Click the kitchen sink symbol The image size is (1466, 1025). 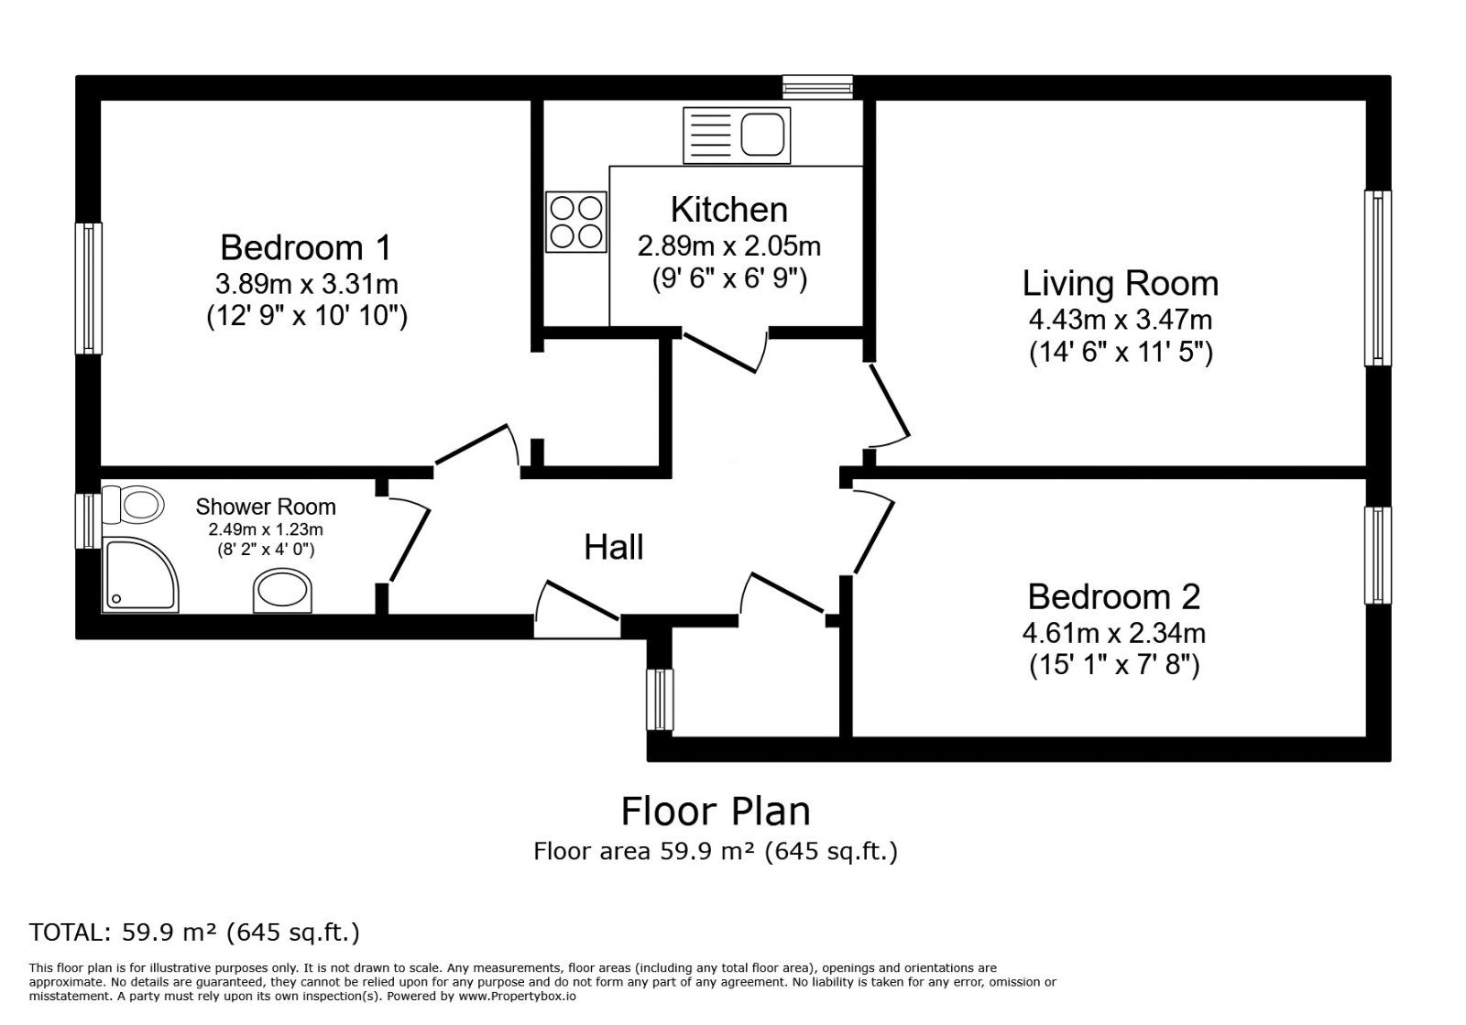(x=737, y=136)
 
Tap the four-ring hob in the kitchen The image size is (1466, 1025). (x=576, y=222)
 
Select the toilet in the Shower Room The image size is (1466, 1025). (x=133, y=505)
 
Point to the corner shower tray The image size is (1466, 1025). (x=140, y=575)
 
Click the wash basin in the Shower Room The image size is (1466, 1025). (x=283, y=591)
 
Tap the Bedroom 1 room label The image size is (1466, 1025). (x=306, y=248)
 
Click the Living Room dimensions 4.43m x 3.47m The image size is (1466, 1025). (x=1121, y=320)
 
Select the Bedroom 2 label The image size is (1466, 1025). (x=1114, y=596)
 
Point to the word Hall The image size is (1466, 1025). (x=613, y=547)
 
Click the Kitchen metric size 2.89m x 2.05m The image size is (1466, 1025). (x=729, y=246)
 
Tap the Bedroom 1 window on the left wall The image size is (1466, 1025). (x=88, y=289)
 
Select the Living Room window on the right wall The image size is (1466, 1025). (x=1378, y=278)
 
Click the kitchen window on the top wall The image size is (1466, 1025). (x=818, y=87)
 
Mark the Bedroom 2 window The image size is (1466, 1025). (x=1378, y=555)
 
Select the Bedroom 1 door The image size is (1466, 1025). (x=471, y=444)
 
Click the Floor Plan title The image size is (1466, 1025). (x=716, y=812)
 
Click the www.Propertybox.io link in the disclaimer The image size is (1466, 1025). (x=517, y=997)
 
